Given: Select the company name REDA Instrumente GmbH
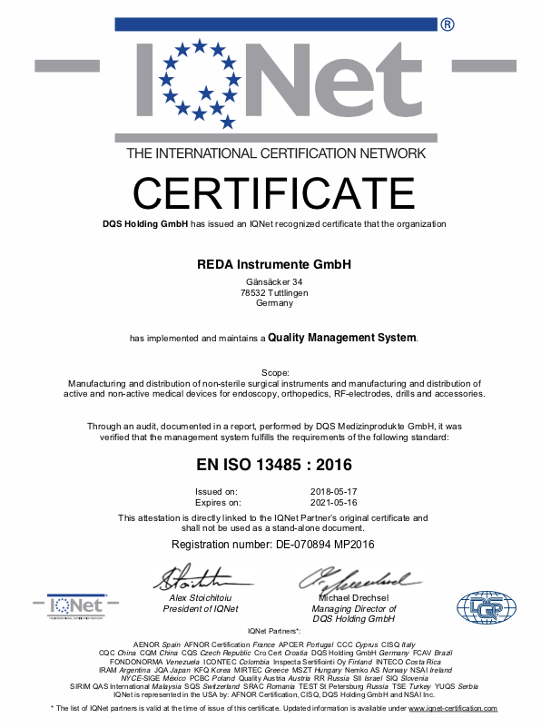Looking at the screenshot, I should [274, 265].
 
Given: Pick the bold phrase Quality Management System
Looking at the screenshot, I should [342, 338].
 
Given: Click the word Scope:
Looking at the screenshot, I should [274, 373].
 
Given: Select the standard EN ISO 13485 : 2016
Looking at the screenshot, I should [274, 466].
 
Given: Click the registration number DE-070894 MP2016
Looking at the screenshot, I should [274, 544].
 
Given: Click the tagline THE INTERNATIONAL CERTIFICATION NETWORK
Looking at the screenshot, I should [275, 153].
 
